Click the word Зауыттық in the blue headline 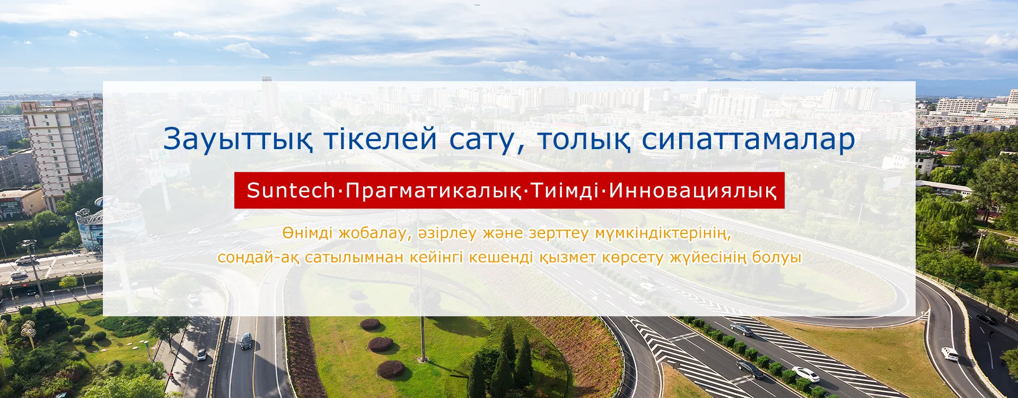(238, 140)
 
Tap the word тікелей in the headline (381, 139)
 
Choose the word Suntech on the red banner (291, 191)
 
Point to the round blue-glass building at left (109, 226)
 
